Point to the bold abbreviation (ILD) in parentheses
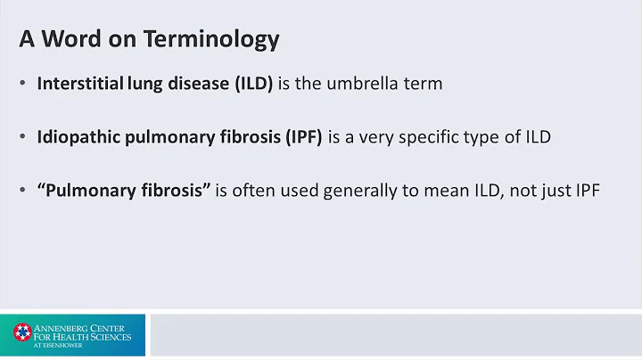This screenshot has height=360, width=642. (x=254, y=84)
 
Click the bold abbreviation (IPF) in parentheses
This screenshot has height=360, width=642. (x=301, y=137)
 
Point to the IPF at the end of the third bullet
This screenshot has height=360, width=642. (x=586, y=190)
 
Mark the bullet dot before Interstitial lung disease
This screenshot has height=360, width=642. (x=22, y=85)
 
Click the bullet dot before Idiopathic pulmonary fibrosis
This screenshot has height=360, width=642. (x=22, y=138)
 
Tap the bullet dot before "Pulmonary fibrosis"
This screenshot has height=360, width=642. (x=22, y=191)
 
